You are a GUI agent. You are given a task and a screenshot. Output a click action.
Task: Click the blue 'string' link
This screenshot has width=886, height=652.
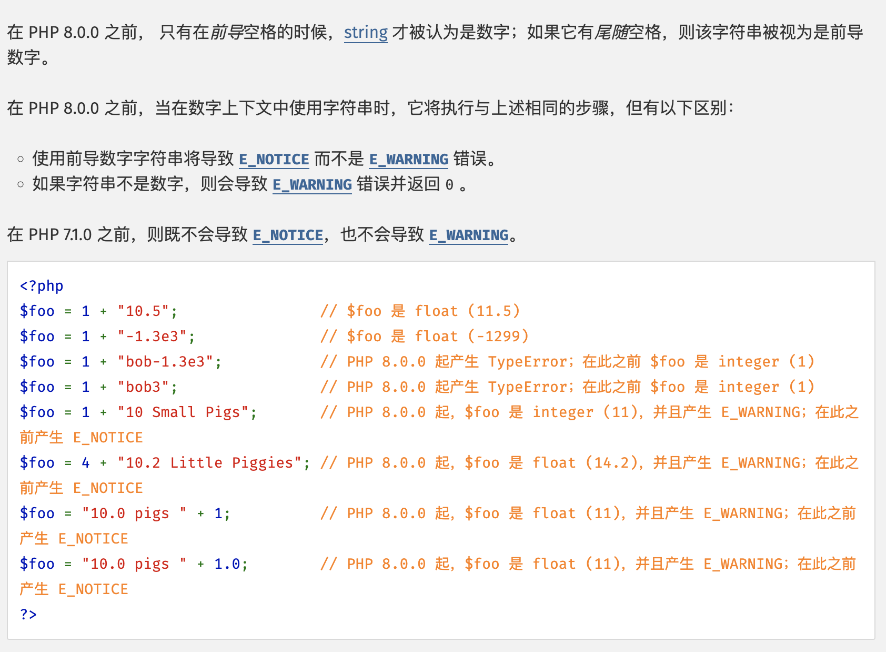pos(366,33)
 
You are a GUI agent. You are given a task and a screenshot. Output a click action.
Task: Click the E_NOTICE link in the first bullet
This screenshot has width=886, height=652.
pos(274,159)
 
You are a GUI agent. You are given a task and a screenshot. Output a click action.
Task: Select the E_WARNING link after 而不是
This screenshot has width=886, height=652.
pos(409,159)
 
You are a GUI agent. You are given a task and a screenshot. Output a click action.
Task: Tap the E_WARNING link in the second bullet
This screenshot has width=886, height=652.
pos(312,184)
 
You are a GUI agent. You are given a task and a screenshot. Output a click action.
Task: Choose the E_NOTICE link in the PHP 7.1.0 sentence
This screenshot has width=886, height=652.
pos(288,235)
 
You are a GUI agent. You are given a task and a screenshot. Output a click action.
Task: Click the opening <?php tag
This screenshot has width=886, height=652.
pos(42,285)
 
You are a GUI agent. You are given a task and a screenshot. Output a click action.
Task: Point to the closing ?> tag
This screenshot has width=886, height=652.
pos(28,614)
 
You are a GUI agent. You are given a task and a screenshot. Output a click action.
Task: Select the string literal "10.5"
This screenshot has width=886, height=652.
pos(144,311)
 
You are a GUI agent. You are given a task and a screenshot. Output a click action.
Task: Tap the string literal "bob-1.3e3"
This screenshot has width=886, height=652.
pos(166,361)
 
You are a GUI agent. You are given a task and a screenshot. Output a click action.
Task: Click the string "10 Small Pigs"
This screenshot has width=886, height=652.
pos(183,412)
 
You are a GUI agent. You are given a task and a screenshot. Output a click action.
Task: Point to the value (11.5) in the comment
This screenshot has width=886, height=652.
pos(494,311)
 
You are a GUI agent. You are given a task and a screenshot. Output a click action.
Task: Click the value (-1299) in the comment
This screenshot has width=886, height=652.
pos(498,336)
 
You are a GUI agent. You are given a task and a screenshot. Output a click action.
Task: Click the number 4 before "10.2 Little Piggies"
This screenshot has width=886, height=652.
pos(86,462)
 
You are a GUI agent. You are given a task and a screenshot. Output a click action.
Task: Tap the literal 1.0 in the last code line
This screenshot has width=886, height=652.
pos(227,564)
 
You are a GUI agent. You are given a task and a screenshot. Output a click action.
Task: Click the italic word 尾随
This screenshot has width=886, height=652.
pos(611,33)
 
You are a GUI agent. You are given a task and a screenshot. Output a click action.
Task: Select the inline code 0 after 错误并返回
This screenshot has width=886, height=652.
pos(449,185)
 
